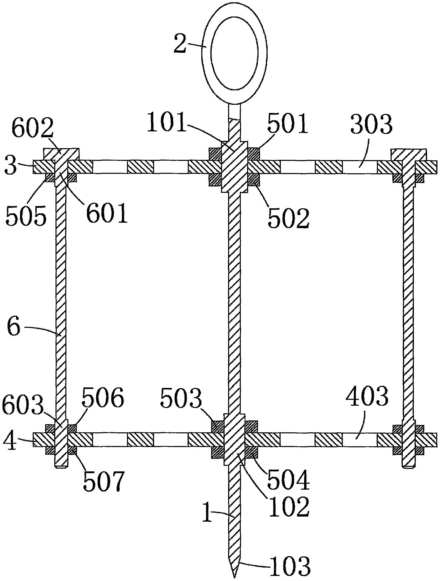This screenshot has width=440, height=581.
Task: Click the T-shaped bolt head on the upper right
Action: pos(408,155)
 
